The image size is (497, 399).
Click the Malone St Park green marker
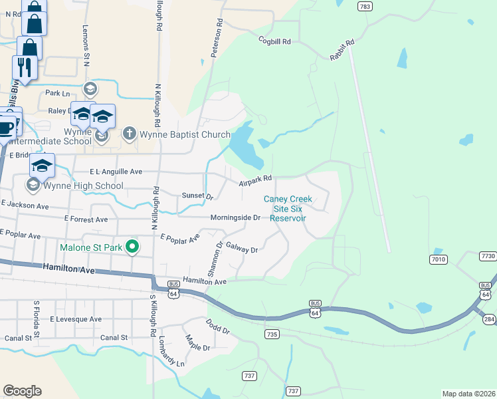pyautogui.click(x=132, y=247)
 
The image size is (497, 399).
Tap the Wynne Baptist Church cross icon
pyautogui.click(x=130, y=134)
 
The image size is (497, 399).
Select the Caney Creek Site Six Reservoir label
pyautogui.click(x=288, y=208)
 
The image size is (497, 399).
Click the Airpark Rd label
pyautogui.click(x=256, y=178)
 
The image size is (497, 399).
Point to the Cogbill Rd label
pyautogui.click(x=275, y=41)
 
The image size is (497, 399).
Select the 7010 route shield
pyautogui.click(x=438, y=259)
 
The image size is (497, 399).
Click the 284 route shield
pyautogui.click(x=489, y=320)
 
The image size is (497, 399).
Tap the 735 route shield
pyautogui.click(x=270, y=334)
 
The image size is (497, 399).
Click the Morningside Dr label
pyautogui.click(x=235, y=217)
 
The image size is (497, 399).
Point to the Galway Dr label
pyautogui.click(x=241, y=249)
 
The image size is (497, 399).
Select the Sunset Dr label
pyautogui.click(x=197, y=196)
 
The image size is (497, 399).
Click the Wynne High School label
pyautogui.click(x=74, y=186)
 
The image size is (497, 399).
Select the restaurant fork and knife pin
pyautogui.click(x=21, y=66)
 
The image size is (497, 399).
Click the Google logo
pyautogui.click(x=22, y=391)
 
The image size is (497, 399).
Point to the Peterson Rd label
pyautogui.click(x=216, y=38)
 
